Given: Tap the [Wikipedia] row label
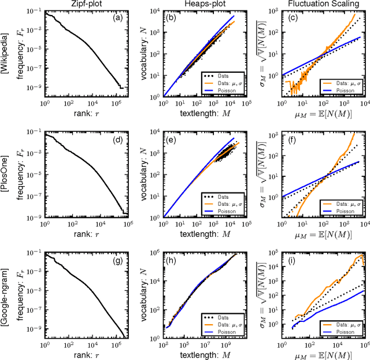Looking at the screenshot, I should tap(5, 53).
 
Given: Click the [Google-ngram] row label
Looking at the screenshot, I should tap(5, 295).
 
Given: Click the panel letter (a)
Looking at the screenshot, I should tap(116, 18).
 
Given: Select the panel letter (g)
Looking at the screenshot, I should tap(116, 259).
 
